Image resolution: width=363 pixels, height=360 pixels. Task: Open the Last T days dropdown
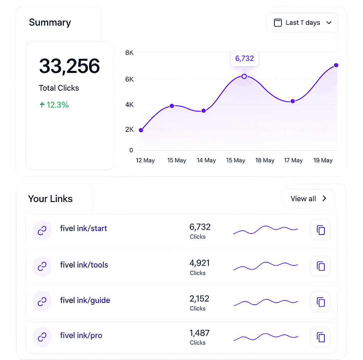(x=302, y=23)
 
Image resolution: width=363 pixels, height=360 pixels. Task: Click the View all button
(x=309, y=198)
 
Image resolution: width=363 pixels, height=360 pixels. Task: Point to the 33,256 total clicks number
(x=69, y=66)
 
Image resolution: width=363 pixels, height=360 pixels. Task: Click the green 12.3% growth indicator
(x=54, y=105)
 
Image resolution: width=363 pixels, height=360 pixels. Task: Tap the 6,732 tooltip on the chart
(x=245, y=58)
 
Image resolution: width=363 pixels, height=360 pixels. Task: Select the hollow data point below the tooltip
(x=244, y=76)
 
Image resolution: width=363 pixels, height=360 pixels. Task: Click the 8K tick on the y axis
(x=129, y=53)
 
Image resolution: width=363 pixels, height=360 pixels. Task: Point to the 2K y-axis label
(x=129, y=129)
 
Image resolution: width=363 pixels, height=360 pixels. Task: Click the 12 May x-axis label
(x=145, y=160)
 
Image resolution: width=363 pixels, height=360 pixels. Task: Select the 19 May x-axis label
(x=323, y=160)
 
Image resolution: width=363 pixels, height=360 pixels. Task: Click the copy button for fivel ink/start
(x=320, y=230)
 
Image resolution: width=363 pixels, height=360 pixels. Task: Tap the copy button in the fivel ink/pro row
(x=320, y=337)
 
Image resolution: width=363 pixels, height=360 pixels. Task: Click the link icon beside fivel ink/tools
(x=42, y=266)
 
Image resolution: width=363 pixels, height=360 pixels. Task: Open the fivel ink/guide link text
(x=85, y=300)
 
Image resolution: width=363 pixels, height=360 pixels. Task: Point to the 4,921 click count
(x=200, y=263)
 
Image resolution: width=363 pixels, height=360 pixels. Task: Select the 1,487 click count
(x=200, y=333)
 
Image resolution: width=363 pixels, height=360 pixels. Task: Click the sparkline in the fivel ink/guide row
(x=266, y=302)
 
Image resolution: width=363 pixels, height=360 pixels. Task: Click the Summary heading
(x=50, y=22)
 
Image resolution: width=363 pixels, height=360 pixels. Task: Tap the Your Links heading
(x=50, y=199)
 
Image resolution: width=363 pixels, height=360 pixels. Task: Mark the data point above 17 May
(x=292, y=101)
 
